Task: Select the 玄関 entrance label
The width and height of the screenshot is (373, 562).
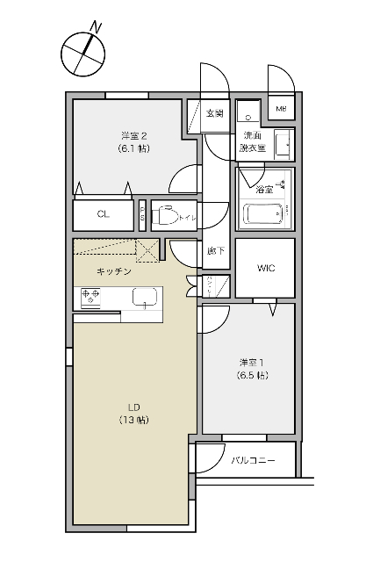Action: tap(215, 113)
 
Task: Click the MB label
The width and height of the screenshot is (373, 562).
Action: tap(282, 109)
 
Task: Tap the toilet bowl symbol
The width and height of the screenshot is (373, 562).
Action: tap(166, 213)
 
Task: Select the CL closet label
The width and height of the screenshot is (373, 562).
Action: tap(103, 213)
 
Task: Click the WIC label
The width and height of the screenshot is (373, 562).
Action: tap(265, 268)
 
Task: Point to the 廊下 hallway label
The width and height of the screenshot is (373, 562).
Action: tap(216, 251)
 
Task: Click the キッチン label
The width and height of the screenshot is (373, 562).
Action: tap(114, 271)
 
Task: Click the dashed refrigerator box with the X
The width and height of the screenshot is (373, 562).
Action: tap(146, 250)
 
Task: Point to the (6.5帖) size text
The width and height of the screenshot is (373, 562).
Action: tap(252, 376)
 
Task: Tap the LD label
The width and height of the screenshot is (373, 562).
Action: tap(134, 407)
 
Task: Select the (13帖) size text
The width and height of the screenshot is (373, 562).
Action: tap(134, 421)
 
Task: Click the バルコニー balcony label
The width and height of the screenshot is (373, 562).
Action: tap(254, 460)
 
